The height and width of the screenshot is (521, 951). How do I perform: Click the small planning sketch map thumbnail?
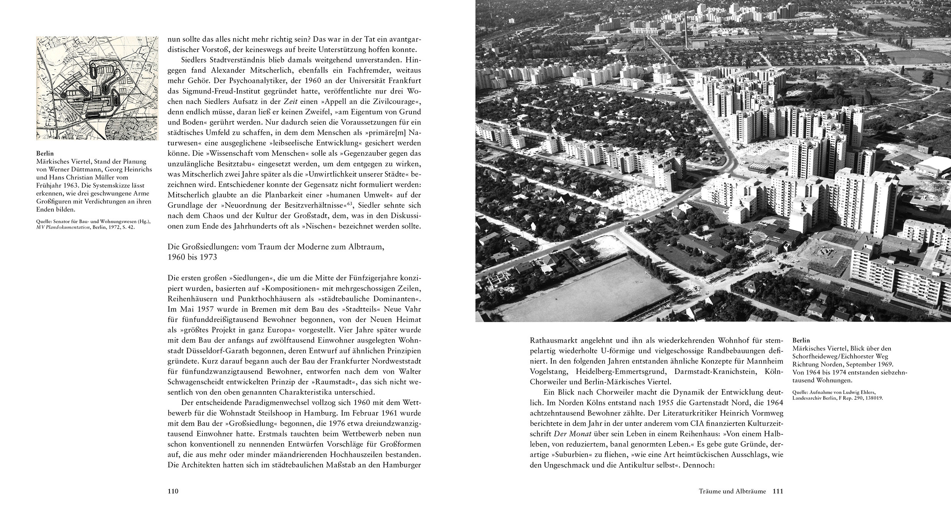tap(97, 88)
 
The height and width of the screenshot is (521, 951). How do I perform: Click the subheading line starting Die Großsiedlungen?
tap(275, 247)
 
